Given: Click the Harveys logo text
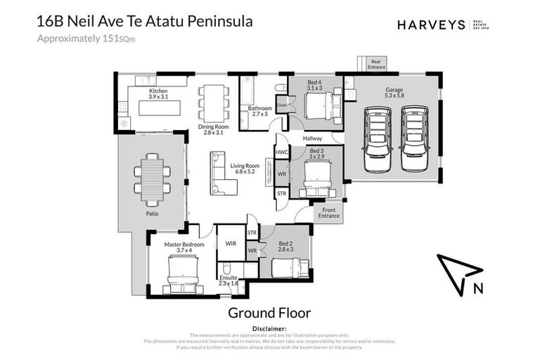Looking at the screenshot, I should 431,25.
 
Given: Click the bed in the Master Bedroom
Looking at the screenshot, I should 182,273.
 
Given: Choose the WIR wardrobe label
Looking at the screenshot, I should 230,244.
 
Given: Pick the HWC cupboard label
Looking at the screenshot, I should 282,152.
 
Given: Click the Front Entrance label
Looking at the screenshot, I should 328,212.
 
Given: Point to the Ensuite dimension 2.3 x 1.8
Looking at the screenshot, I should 229,283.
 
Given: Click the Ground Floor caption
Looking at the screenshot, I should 269,312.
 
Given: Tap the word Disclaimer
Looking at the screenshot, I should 269,328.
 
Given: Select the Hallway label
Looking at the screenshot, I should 312,139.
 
